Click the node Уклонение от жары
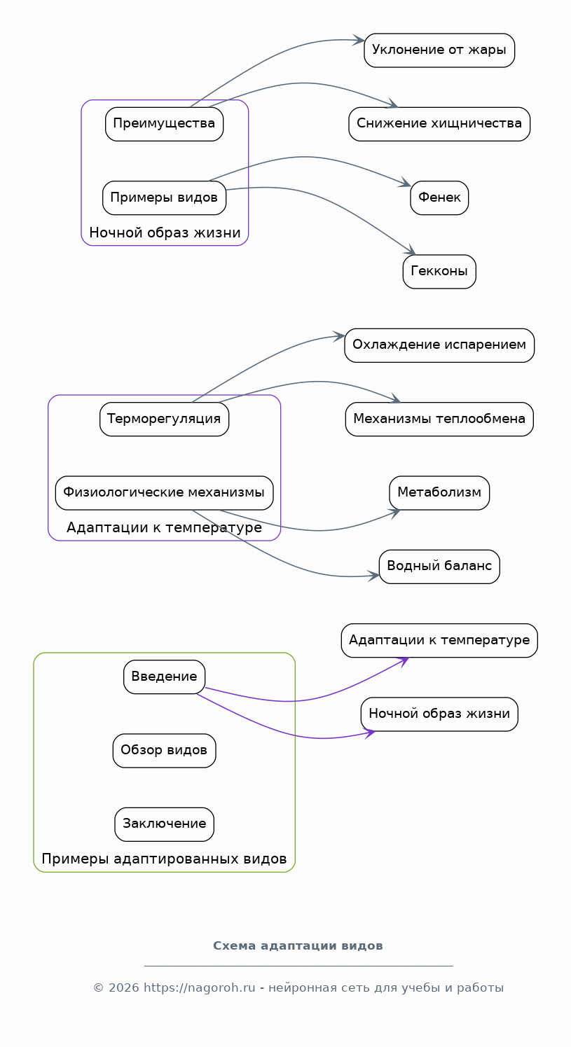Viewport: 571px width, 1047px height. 439,50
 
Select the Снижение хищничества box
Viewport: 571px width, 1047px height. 439,124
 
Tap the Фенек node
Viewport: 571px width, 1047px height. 439,197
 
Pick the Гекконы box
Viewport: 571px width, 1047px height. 439,272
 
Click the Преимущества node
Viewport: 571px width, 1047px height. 164,124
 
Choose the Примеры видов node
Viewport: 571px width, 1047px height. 164,197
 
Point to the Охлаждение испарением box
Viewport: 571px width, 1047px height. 439,345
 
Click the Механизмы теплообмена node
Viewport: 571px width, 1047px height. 439,420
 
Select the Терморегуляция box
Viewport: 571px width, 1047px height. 164,420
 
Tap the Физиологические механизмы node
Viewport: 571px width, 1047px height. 164,493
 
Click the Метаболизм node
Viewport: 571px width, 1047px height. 439,493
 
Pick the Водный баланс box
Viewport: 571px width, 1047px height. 439,567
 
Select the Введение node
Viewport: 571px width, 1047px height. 164,677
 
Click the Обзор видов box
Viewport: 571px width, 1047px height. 164,751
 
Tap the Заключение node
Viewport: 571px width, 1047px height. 164,824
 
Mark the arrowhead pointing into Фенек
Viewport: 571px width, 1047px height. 405,183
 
